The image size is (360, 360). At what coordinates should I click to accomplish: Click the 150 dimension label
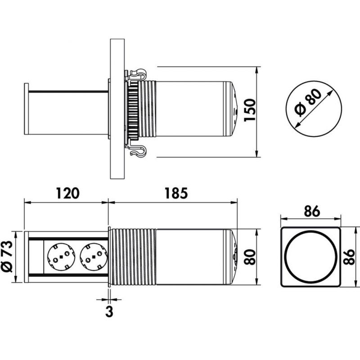click(250, 110)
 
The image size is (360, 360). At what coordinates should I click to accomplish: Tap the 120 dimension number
click(67, 193)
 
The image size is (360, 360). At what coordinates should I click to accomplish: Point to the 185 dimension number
click(175, 193)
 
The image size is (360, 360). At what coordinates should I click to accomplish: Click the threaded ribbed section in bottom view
click(133, 257)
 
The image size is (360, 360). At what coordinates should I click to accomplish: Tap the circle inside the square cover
click(311, 257)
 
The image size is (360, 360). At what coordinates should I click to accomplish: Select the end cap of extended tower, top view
click(27, 109)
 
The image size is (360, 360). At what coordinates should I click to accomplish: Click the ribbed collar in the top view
click(143, 109)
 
